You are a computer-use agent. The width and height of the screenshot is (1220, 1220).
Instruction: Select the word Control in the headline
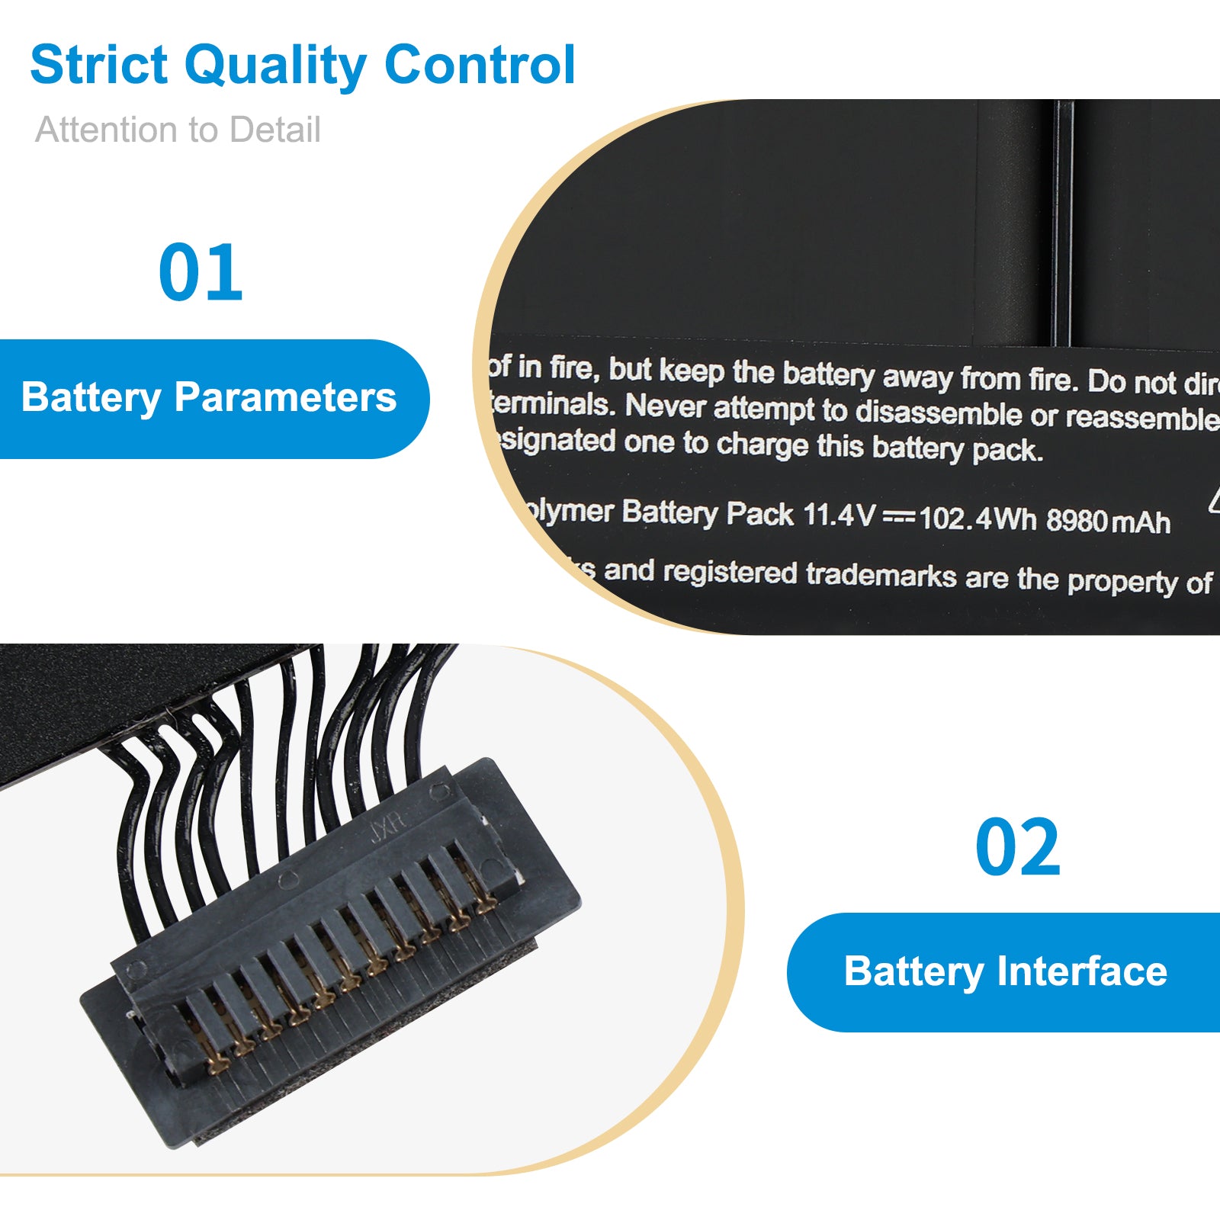[x=480, y=65]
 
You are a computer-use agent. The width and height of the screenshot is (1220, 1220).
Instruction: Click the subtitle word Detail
[x=274, y=130]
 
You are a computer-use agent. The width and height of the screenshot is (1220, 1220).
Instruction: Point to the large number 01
[x=201, y=273]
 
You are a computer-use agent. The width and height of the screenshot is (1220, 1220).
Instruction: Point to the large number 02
[x=1017, y=848]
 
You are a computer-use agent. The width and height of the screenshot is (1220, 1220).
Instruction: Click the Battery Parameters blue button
[x=209, y=398]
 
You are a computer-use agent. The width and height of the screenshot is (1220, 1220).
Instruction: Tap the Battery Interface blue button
[x=1005, y=972]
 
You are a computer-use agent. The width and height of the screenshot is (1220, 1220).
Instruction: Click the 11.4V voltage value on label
[x=840, y=515]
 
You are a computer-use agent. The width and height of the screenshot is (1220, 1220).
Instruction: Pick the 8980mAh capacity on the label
[x=1107, y=521]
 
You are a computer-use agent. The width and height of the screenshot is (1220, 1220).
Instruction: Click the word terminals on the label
[x=552, y=404]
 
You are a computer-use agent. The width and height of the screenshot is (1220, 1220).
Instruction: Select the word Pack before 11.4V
[x=759, y=514]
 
